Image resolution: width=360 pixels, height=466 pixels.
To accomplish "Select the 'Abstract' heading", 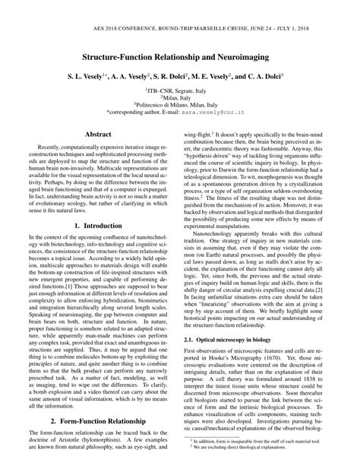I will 99,134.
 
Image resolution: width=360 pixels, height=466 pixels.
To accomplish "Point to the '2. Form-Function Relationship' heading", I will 99,420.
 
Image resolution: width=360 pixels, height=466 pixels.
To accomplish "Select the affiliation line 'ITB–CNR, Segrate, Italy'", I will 180,89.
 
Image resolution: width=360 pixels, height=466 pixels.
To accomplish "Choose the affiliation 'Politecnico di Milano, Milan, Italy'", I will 180,104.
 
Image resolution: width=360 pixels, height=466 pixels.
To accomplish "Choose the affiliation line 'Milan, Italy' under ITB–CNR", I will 180,97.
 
